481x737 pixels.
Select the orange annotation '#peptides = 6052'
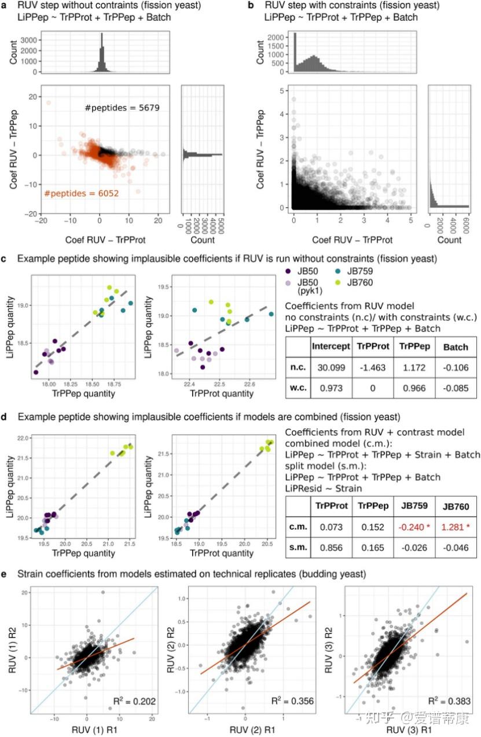[81, 193]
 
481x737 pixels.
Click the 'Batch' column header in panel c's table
[456, 346]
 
